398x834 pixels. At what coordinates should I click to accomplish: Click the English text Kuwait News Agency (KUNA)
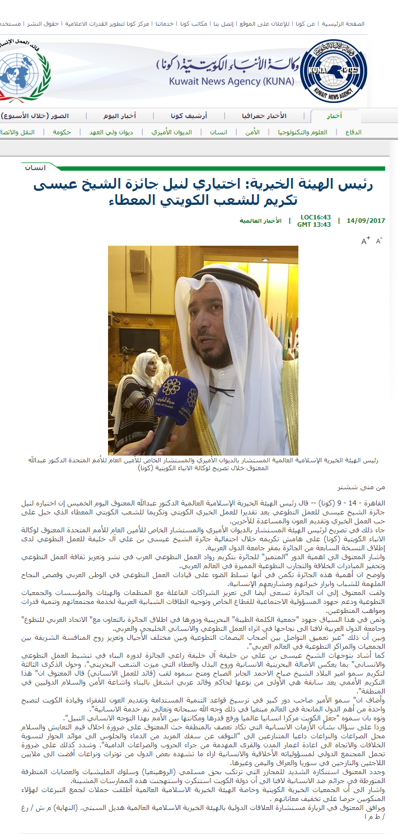232,82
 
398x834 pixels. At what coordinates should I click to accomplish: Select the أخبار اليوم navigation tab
119,116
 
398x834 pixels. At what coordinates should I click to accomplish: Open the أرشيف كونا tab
189,116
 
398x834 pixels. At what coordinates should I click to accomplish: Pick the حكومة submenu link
62,132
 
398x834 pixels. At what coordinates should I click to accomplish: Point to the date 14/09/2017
366,221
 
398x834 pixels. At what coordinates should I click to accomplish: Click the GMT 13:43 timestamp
313,224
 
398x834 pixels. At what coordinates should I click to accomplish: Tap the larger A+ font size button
366,241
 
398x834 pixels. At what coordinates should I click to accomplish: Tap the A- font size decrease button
379,241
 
